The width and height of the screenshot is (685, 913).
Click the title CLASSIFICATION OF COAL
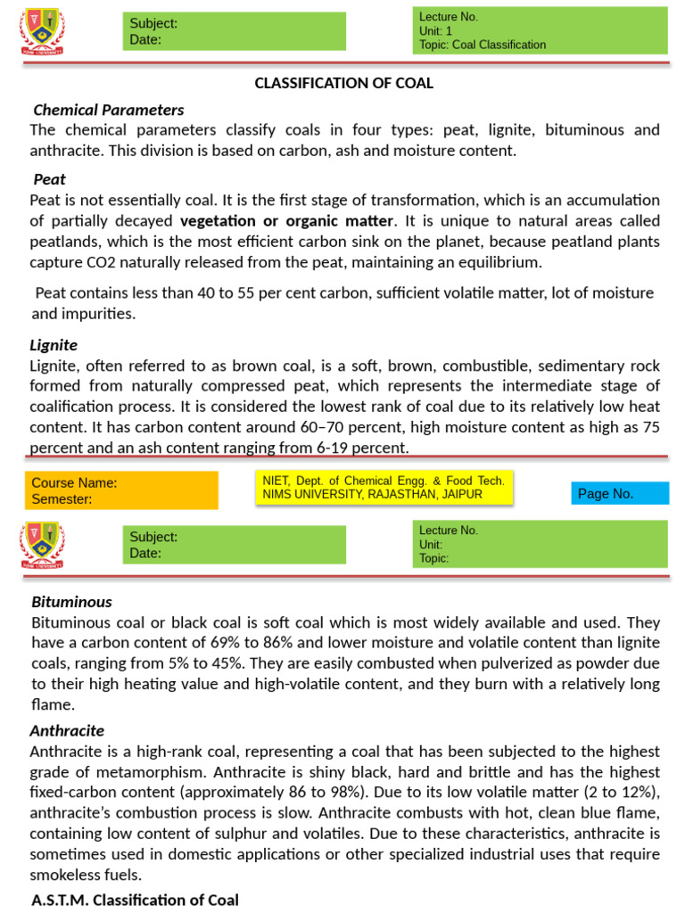click(343, 83)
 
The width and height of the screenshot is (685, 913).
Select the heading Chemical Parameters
click(108, 110)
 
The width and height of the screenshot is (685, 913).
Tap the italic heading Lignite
click(54, 344)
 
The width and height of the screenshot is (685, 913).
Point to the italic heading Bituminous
click(71, 602)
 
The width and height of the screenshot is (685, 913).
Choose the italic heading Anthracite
click(67, 730)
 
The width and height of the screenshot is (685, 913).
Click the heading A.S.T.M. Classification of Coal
click(135, 900)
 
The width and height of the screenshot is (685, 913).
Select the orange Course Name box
click(121, 490)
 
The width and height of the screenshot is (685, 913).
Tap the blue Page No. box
click(619, 493)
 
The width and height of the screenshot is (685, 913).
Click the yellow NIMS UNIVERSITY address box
click(384, 487)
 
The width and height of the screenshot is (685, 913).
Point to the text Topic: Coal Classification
click(482, 45)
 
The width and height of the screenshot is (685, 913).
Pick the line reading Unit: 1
click(436, 30)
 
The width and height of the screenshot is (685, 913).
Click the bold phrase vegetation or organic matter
click(286, 220)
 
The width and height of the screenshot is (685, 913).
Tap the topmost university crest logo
click(41, 31)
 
